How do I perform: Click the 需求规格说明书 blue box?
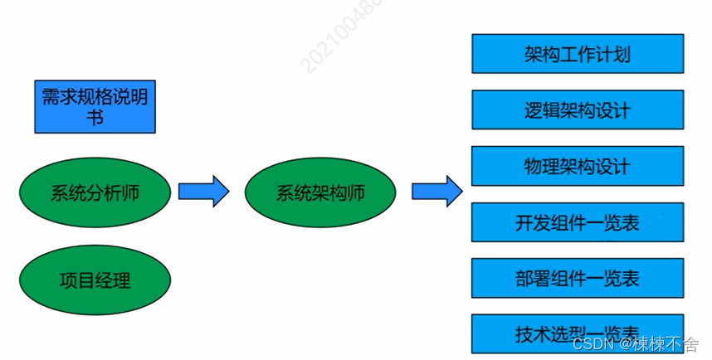(x=95, y=107)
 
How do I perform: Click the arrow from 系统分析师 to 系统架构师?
(x=203, y=192)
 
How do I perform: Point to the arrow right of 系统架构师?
(x=437, y=192)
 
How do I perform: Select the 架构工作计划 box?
(x=578, y=54)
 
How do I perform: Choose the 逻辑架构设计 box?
(x=578, y=110)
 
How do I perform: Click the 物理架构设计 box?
(x=578, y=166)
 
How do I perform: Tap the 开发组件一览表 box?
(x=578, y=222)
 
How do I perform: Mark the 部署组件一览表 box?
(x=578, y=278)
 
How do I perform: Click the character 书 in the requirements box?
(x=95, y=118)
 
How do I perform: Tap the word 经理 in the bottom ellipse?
(x=112, y=280)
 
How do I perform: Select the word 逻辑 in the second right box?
(x=542, y=110)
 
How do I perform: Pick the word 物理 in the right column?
(x=542, y=166)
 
